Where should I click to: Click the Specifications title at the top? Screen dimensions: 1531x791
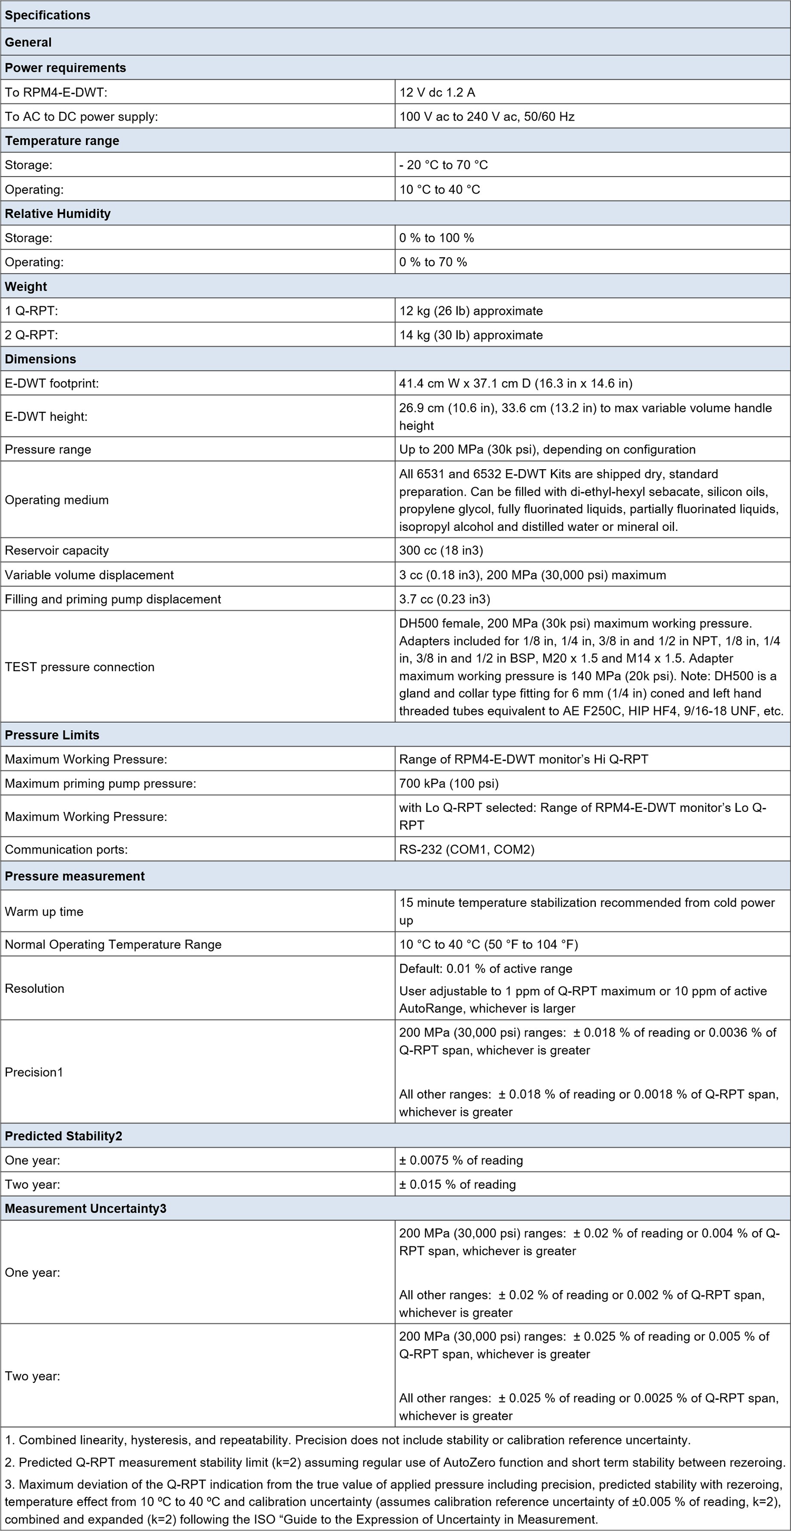coord(47,15)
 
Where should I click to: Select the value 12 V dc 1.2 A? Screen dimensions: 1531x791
coord(437,92)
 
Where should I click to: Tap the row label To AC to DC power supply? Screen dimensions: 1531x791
coord(81,117)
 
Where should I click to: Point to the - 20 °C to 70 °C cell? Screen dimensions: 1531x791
coord(443,164)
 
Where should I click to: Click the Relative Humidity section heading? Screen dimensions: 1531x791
coord(57,214)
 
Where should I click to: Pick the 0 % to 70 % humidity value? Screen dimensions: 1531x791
coord(433,262)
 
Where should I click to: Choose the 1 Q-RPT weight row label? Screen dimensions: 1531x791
coord(32,311)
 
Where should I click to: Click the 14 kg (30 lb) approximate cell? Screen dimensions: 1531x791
coord(471,335)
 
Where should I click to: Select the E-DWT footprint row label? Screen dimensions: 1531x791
coord(52,383)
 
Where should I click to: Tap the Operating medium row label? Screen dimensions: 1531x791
coord(56,500)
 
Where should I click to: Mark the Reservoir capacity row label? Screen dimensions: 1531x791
coord(56,550)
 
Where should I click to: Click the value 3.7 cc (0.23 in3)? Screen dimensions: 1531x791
coord(445,599)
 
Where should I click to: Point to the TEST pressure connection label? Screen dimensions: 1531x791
coord(80,667)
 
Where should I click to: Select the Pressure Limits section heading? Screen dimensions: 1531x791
coord(52,735)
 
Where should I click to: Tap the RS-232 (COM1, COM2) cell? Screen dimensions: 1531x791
coord(467,849)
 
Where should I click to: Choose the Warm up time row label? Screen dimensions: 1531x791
coord(44,912)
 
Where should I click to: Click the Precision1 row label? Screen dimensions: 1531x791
coord(34,1072)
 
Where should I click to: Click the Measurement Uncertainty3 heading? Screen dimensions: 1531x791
coord(85,1208)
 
